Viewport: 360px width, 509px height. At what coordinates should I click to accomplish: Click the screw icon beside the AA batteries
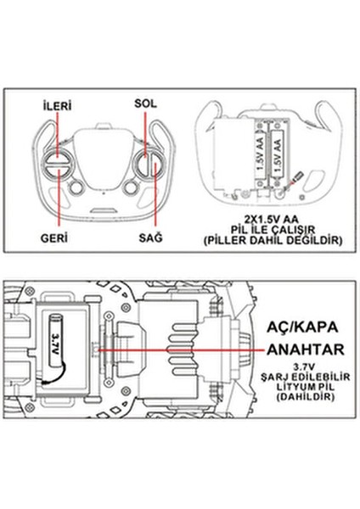click(x=297, y=178)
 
